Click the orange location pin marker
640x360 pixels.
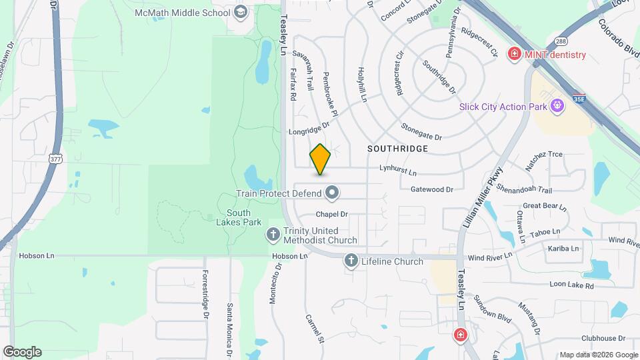[320, 159]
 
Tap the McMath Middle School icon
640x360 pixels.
[240, 12]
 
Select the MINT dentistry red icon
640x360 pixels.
[514, 54]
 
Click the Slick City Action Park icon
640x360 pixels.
[558, 105]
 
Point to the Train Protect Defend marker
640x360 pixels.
[332, 194]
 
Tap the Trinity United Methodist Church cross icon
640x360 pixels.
[273, 235]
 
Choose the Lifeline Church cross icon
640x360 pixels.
[351, 261]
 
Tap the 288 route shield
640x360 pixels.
[561, 40]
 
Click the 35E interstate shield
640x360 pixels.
[578, 99]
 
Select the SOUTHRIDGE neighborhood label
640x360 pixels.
[397, 149]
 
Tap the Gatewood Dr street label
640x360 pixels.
[431, 189]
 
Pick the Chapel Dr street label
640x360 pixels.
[332, 214]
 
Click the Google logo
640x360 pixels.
[22, 352]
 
